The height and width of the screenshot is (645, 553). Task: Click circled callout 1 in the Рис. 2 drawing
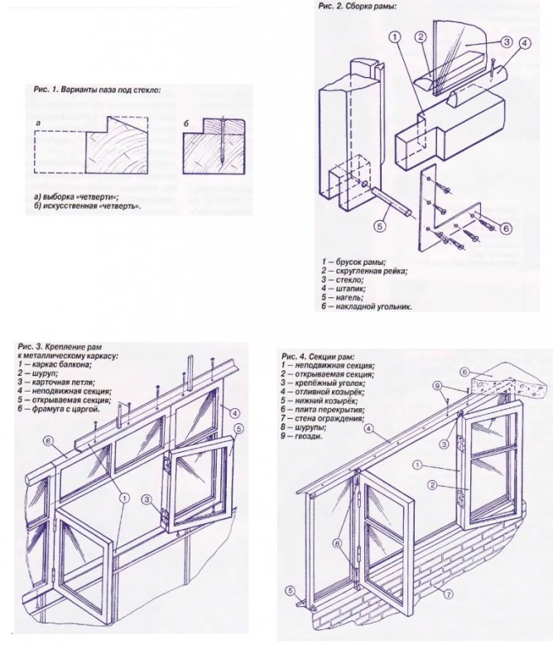click(395, 37)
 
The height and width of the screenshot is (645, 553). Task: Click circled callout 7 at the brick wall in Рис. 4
click(447, 593)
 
